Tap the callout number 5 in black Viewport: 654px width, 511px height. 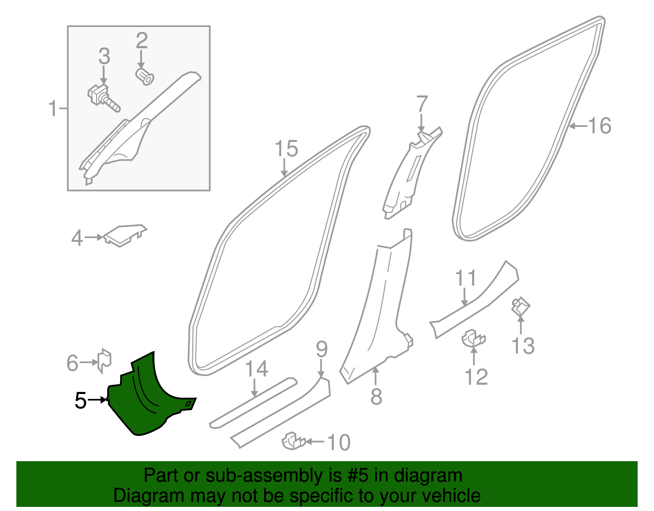point(81,401)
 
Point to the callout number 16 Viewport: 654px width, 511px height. point(600,126)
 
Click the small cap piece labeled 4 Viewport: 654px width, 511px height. point(124,235)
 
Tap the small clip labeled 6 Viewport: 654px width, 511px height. point(105,360)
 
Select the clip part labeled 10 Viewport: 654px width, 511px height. point(293,441)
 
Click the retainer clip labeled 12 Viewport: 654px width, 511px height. point(473,338)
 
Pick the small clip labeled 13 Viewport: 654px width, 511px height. point(520,307)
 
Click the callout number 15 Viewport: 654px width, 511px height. point(286,149)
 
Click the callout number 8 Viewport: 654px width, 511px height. point(376,396)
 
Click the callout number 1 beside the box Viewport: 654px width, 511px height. point(53,109)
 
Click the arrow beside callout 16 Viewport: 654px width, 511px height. point(578,126)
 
